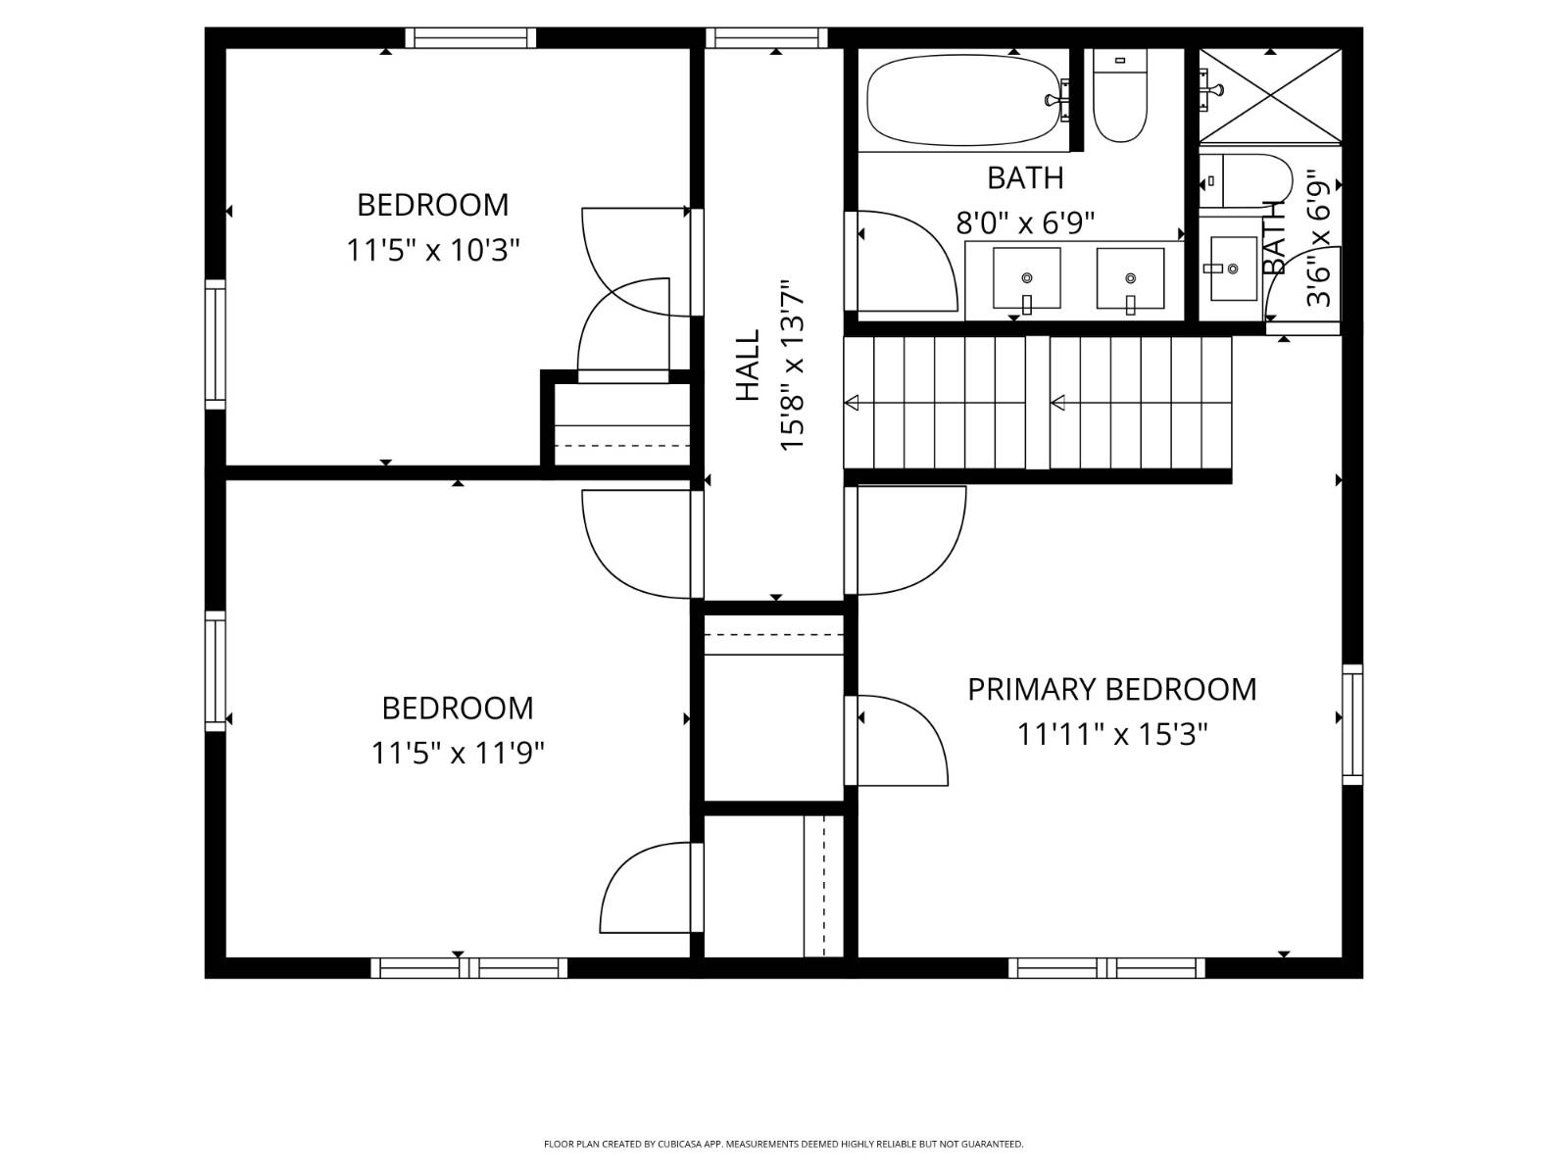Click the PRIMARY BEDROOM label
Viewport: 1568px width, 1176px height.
(1111, 689)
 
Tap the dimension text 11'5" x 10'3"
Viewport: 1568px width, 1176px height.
(432, 251)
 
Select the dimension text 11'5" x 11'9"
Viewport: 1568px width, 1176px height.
(458, 753)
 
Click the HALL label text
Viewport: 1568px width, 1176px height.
(748, 365)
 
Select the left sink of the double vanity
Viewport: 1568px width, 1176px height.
(1027, 278)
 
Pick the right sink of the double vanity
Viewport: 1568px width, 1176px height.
(1130, 278)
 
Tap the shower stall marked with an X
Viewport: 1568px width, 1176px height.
(1269, 96)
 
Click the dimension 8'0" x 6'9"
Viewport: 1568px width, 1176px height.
(1025, 223)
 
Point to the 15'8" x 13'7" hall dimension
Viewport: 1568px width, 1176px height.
(792, 365)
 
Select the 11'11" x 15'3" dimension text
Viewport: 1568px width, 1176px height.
(1111, 734)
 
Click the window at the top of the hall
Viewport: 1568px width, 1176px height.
(766, 38)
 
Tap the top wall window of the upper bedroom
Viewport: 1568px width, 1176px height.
(470, 38)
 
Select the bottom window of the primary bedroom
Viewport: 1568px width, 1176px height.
(1106, 967)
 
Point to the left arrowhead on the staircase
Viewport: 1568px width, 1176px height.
(852, 403)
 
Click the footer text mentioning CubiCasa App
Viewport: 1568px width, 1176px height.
(783, 1144)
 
